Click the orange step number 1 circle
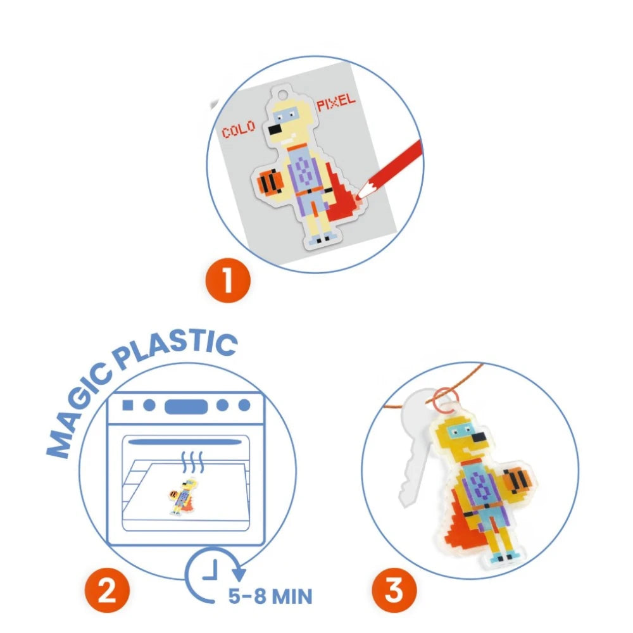tap(228, 280)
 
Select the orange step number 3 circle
tap(394, 590)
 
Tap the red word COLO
tap(239, 128)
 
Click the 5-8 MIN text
tap(270, 596)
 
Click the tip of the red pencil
tap(358, 197)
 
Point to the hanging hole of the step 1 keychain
tap(282, 96)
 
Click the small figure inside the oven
tap(184, 496)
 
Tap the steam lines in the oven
tap(192, 462)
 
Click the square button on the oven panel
tap(128, 405)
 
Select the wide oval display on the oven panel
tap(186, 406)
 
